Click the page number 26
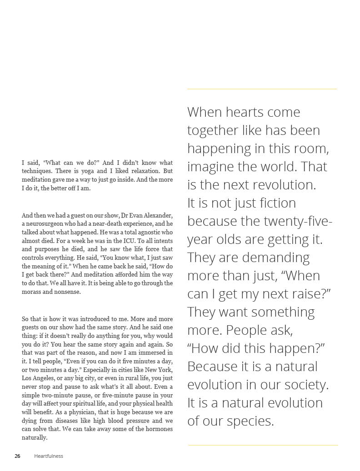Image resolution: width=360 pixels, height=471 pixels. click(17, 456)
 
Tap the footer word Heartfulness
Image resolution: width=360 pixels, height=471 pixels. click(49, 456)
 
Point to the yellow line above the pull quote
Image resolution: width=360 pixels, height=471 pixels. click(262, 89)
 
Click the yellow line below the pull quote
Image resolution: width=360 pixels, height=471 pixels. click(263, 445)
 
